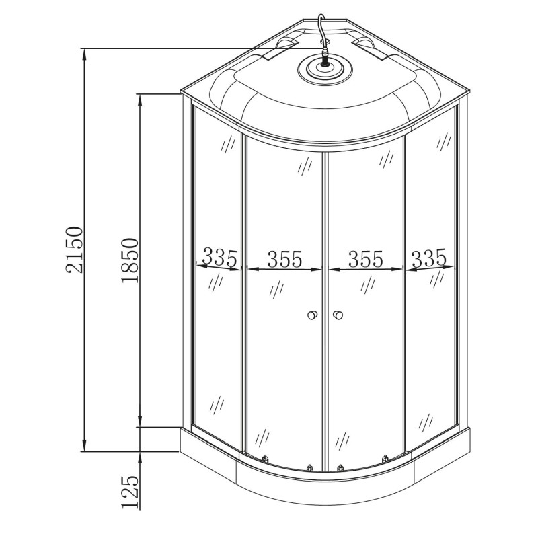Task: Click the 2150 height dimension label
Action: pos(75,249)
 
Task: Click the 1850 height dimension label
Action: pos(130,260)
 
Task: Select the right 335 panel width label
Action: pos(429,258)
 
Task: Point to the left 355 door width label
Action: pos(284,259)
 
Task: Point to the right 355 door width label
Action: pos(366,259)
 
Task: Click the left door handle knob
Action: pos(312,315)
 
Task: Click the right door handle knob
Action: pos(338,315)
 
